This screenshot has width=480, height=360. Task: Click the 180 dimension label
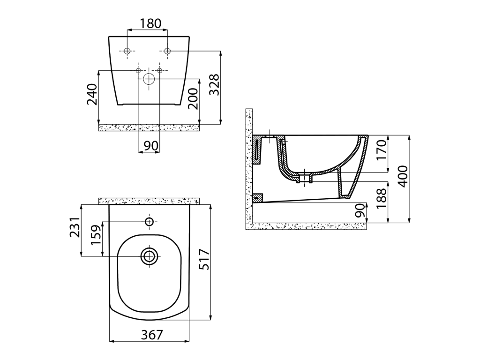pos(150,23)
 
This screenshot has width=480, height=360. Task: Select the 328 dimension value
pos(215,84)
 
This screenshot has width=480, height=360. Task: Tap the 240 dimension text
pos(92,94)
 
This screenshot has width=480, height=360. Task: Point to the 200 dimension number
pos(193,98)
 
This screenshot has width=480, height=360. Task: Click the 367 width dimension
pos(152,335)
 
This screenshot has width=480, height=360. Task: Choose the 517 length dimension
pos(204,260)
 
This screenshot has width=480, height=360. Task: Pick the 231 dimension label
pos(75,227)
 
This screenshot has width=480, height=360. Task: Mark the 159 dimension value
pos(96,235)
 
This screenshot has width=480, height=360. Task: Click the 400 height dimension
pos(404,176)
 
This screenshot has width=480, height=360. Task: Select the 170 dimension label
pos(382,150)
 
